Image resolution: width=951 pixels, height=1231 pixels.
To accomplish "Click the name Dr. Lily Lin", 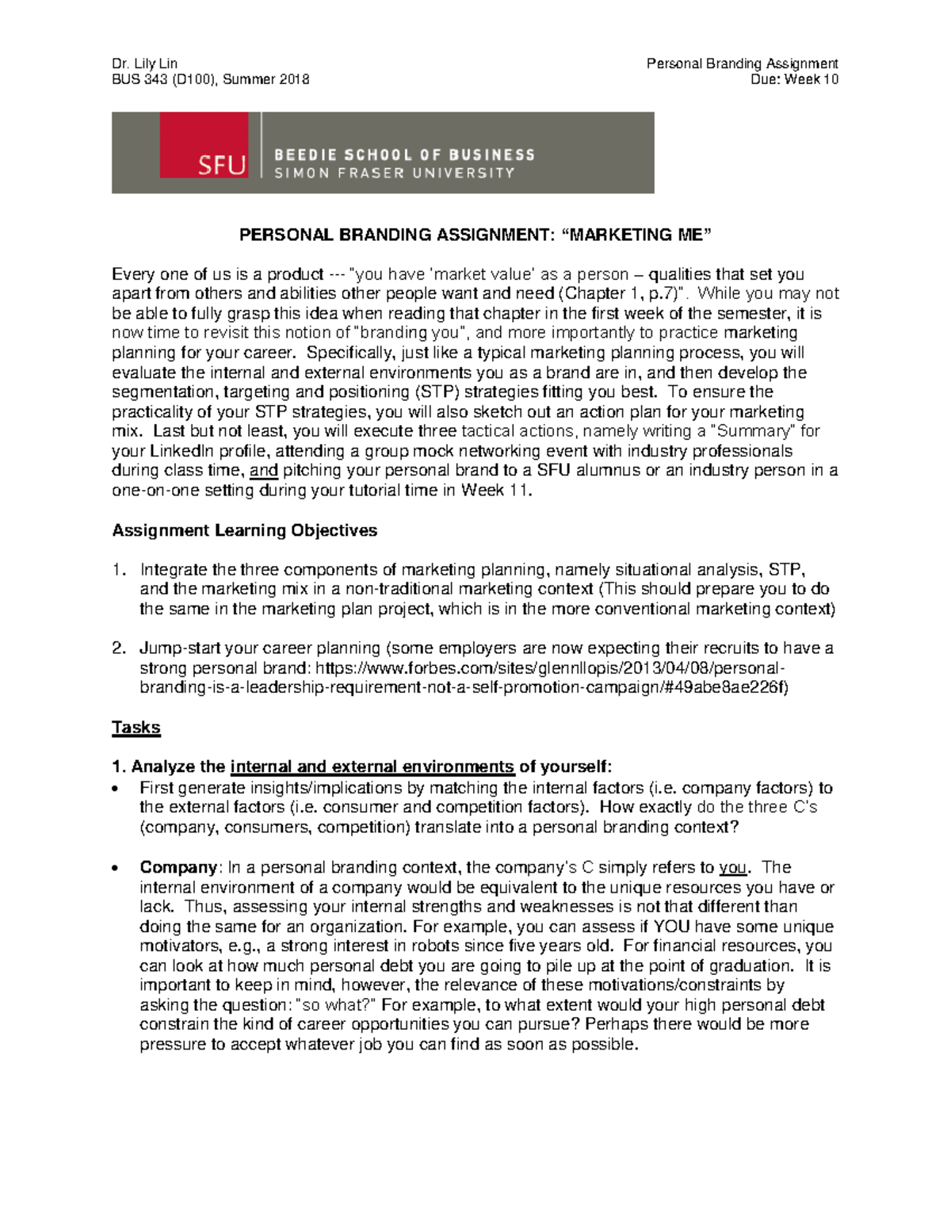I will (144, 63).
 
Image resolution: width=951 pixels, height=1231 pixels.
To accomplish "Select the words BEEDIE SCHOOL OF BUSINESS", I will (404, 155).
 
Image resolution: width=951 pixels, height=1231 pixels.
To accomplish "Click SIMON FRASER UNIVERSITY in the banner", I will (395, 173).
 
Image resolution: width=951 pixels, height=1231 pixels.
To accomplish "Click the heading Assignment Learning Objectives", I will (244, 530).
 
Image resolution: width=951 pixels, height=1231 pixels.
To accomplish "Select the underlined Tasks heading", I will (136, 728).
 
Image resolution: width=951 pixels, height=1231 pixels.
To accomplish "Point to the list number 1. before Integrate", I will (119, 570).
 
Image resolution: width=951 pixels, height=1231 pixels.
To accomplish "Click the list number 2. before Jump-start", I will (119, 648).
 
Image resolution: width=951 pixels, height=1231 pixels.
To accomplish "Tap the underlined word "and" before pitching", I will (264, 471).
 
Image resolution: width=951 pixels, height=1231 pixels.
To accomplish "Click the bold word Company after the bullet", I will (178, 867).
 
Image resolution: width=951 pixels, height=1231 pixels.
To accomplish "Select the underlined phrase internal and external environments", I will (372, 767).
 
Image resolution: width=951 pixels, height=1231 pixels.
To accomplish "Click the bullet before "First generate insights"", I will (116, 789).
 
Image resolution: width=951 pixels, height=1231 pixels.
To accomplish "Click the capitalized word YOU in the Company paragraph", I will (670, 927).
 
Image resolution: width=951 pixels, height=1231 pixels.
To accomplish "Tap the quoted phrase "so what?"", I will (334, 1005).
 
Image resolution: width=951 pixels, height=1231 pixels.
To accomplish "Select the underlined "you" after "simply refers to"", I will (732, 867).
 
